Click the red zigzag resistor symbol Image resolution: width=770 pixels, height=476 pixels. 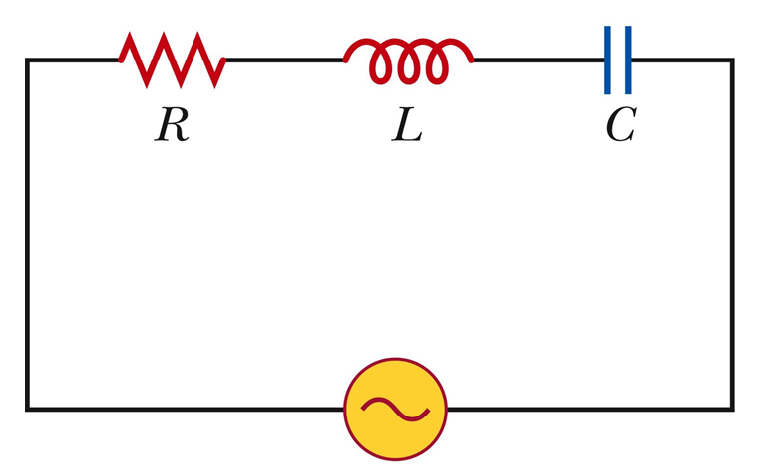(x=173, y=59)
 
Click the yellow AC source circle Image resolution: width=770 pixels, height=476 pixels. (x=395, y=408)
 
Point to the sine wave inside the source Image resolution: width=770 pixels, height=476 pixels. (x=395, y=408)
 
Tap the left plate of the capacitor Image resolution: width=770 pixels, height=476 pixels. (x=607, y=60)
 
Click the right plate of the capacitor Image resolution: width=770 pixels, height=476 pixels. (x=628, y=60)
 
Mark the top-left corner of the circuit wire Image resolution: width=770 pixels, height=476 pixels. (x=28, y=60)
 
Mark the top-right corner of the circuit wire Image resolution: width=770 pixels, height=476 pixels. (x=732, y=60)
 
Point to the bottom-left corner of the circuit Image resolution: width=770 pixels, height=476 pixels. (x=28, y=408)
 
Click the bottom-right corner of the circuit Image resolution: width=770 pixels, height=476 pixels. (x=732, y=408)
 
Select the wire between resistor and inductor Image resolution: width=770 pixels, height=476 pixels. (x=285, y=60)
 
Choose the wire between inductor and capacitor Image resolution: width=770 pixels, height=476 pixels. (x=539, y=60)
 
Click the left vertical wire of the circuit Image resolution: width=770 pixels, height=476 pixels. (x=28, y=234)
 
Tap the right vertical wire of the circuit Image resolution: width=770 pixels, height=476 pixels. (x=732, y=234)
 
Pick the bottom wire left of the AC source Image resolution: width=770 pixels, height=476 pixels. (x=186, y=408)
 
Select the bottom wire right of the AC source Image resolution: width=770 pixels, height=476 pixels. (x=589, y=408)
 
